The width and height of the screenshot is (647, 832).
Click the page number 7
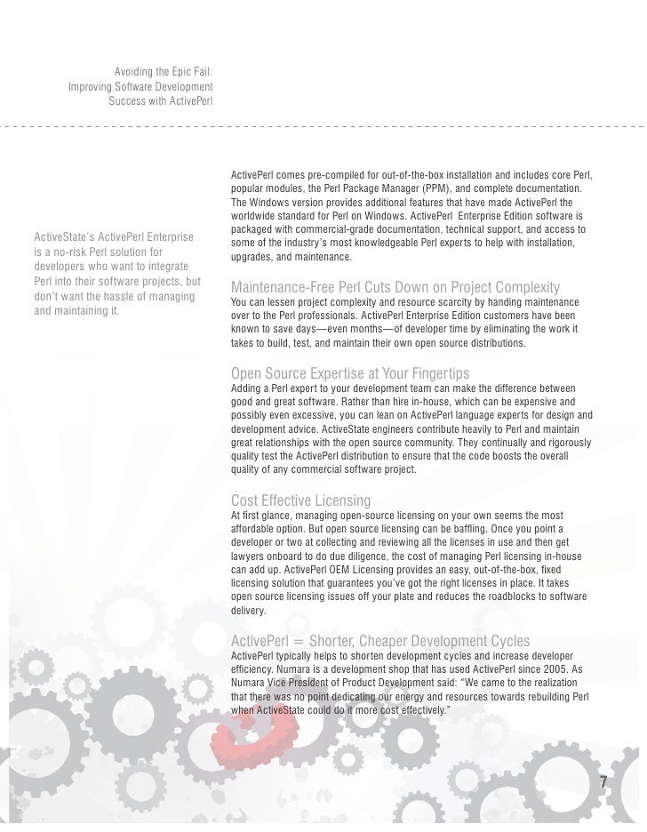coord(604,783)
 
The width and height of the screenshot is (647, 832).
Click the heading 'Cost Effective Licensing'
coord(300,500)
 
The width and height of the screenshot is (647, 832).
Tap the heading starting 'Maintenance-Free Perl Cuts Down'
coord(395,287)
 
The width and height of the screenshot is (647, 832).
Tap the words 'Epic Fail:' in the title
coord(188,72)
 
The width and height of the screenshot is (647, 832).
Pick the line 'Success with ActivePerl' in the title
coord(160,100)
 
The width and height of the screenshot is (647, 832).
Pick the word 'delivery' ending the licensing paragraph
coord(247,612)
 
